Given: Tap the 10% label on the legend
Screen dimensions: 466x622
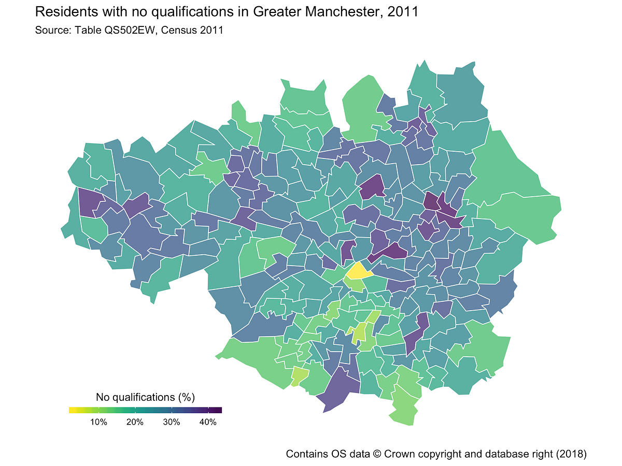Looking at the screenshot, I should (x=98, y=422).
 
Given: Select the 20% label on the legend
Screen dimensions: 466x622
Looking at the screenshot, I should (x=135, y=422).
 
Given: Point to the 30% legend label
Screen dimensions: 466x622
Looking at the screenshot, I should (x=172, y=422).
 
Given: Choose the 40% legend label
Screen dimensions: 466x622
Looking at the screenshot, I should (x=208, y=422).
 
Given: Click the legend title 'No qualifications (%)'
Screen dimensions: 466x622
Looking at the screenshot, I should (x=145, y=397).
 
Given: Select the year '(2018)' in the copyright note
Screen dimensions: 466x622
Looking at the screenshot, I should (x=571, y=454).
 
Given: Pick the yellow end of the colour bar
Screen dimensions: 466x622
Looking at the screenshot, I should (x=72, y=410).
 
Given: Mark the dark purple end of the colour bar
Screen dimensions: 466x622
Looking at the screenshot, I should (x=219, y=410).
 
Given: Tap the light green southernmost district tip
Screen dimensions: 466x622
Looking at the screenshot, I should (x=407, y=417).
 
